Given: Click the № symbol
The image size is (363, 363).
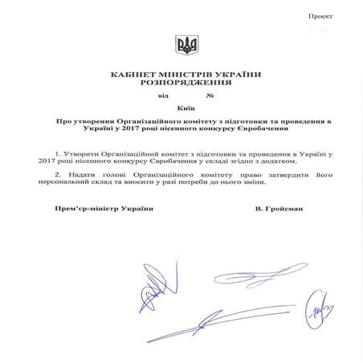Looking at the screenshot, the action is coord(210,96).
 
